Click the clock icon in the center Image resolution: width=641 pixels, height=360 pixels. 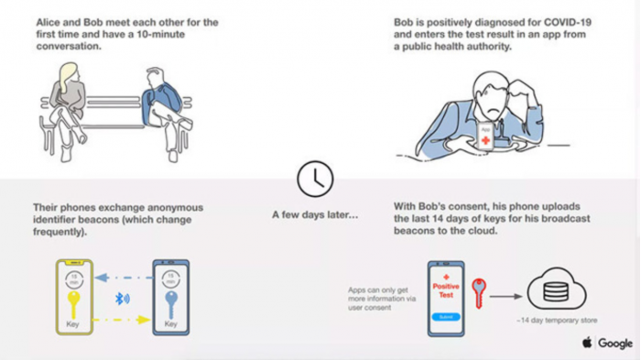[x=315, y=178]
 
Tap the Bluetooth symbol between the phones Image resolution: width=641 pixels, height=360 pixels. [x=121, y=297]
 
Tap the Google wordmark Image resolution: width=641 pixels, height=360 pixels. [x=615, y=344]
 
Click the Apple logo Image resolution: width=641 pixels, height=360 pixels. [x=586, y=343]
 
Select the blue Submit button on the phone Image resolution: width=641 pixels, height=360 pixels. [x=446, y=316]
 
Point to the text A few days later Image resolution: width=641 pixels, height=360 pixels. [x=315, y=214]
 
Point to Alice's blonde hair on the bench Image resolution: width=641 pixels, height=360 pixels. [x=69, y=77]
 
